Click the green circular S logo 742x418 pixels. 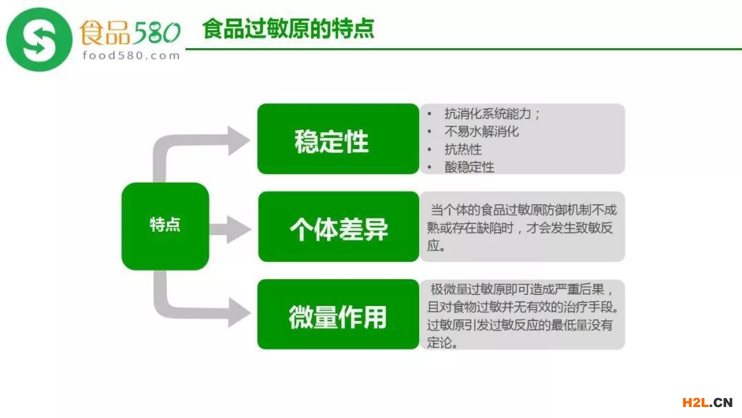point(39,40)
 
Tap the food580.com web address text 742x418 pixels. point(131,56)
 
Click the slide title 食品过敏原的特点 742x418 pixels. point(288,28)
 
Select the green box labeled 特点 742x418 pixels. point(165,226)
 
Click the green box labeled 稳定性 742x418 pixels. point(338,139)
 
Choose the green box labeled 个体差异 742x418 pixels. point(338,227)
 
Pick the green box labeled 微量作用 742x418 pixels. point(338,314)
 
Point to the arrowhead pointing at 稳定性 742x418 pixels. point(238,141)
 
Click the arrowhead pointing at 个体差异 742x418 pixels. point(238,230)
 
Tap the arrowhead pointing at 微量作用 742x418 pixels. point(238,312)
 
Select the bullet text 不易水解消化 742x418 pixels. point(482,131)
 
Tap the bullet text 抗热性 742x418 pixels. point(463,150)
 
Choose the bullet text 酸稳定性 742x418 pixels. point(469,167)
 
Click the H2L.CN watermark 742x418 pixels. point(708,403)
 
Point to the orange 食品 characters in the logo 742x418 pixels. point(104,32)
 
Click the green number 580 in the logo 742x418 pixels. point(156,33)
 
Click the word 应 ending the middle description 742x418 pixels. point(433,245)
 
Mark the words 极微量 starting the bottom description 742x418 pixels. point(449,289)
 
